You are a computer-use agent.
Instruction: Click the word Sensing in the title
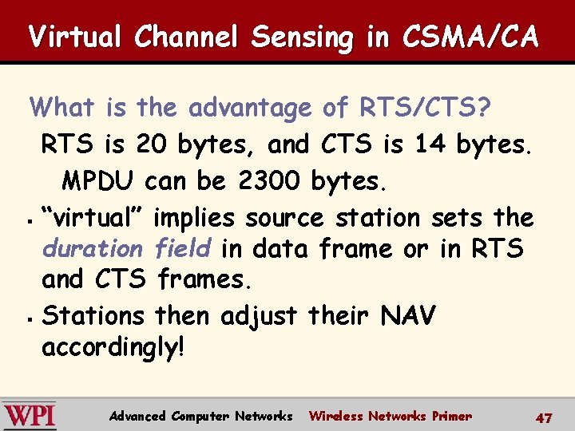pos(301,38)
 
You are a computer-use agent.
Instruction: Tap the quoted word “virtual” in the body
pos(93,217)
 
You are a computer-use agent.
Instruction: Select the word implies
pos(196,217)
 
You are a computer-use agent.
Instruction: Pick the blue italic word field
pos(183,248)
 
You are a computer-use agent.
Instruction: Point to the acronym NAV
pos(408,316)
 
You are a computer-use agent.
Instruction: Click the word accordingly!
pos(113,347)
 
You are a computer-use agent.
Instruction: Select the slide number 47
pos(544,417)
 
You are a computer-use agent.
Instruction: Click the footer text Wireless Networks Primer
pos(390,416)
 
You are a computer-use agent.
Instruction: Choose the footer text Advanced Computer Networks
pos(200,416)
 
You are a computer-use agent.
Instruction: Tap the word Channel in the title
pos(189,38)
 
